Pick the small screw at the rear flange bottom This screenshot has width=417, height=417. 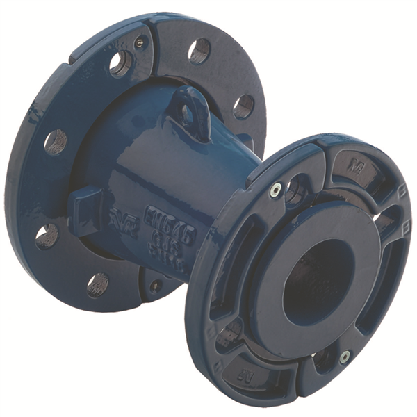[156, 284]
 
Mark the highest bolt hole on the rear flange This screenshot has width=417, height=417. [199, 49]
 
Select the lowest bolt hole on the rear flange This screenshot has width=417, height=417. [97, 283]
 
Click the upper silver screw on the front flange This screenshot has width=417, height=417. [277, 188]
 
